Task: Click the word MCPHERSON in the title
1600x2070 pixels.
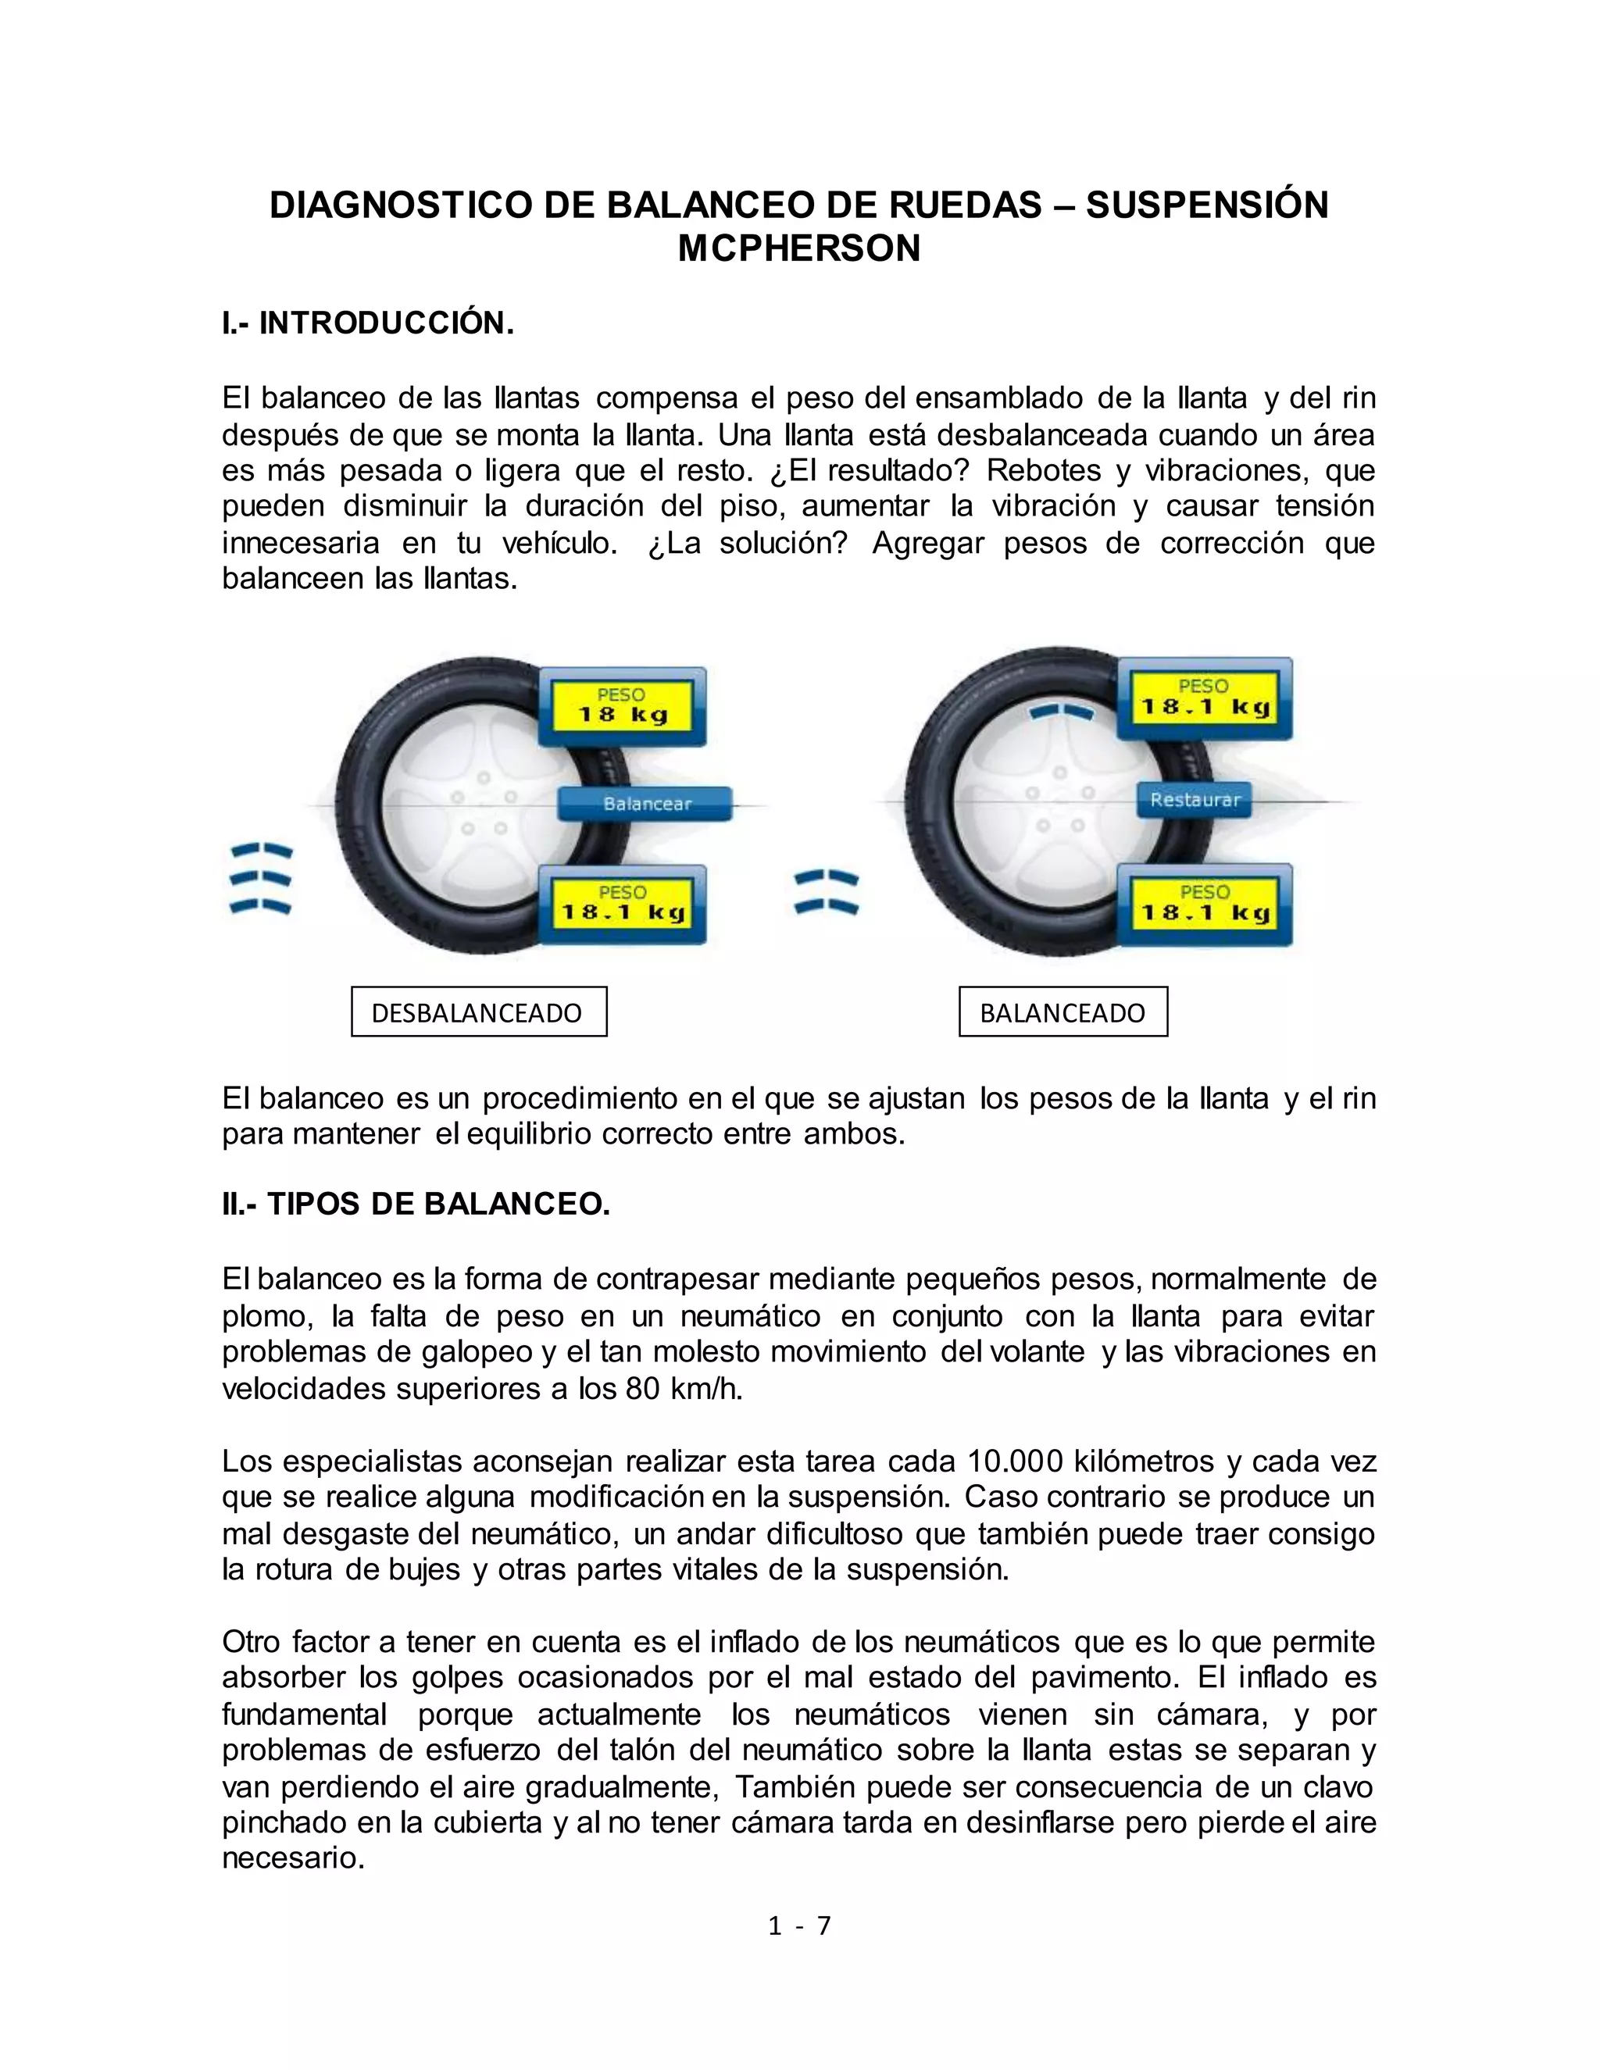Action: tap(799, 248)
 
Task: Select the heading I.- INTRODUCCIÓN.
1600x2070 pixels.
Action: tap(368, 323)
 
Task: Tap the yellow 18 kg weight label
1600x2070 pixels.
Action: tap(623, 707)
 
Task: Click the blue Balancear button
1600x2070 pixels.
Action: tap(646, 804)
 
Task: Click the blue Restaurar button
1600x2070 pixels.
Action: tap(1195, 800)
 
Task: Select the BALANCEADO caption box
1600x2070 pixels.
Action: tap(1062, 1012)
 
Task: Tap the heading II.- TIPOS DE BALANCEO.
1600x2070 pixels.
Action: tap(416, 1204)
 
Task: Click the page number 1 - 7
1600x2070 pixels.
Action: tap(799, 1925)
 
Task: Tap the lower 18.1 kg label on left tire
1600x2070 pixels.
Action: tap(623, 905)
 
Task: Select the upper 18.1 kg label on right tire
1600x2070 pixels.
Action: tap(1205, 699)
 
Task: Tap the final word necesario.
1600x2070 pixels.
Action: tap(293, 1858)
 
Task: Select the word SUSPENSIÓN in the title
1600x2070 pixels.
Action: tap(1206, 205)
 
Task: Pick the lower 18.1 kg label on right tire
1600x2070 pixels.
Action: tap(1205, 905)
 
